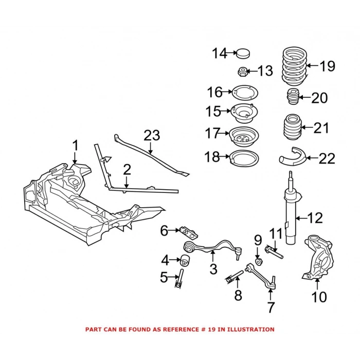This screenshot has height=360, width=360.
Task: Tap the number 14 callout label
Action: [x=220, y=52]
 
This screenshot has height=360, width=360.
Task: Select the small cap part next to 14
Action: [x=242, y=52]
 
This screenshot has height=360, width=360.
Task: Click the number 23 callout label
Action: [x=152, y=136]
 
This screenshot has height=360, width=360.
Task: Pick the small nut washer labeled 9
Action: [x=258, y=256]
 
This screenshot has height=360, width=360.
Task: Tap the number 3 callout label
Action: [x=213, y=268]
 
